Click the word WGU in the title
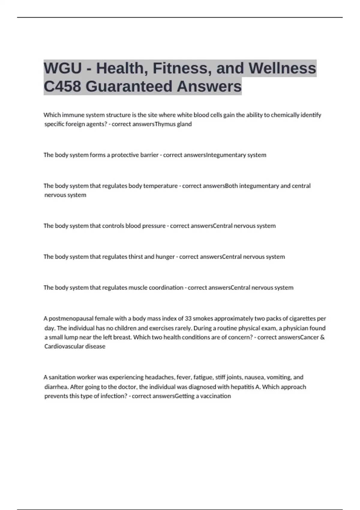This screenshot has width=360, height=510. [63, 68]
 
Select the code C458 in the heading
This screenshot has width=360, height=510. [62, 86]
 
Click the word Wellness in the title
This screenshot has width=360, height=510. [282, 68]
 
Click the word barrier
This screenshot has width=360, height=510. [149, 155]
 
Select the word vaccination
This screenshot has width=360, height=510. [215, 396]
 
